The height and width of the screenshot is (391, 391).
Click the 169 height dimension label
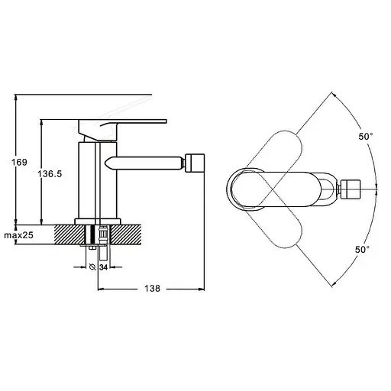point(19,162)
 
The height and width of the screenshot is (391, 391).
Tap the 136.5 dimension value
point(50,174)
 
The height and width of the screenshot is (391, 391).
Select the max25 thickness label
point(18,235)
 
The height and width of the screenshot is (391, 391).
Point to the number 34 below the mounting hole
point(103,267)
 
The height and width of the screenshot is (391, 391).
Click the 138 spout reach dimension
point(153,289)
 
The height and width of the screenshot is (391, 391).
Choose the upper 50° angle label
point(366,137)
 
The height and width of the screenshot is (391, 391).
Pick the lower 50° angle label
point(363,250)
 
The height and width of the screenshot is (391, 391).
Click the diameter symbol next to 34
point(93,267)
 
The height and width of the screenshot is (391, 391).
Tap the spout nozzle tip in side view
point(195,163)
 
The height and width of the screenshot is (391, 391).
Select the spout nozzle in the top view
point(351,189)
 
